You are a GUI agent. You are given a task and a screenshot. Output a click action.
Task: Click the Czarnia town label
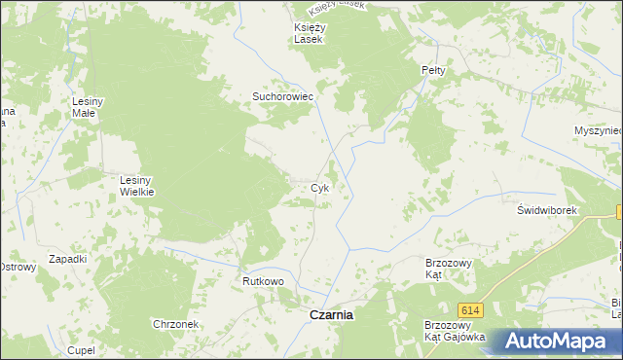[x=331, y=315]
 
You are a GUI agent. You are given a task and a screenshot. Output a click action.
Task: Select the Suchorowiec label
[x=281, y=97]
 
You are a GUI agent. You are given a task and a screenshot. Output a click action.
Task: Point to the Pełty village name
[x=433, y=71]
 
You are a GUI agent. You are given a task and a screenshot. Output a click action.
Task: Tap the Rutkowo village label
[x=263, y=281]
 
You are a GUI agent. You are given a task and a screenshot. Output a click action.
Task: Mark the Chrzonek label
[x=175, y=324]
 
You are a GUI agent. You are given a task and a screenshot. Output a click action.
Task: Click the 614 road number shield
[x=471, y=309]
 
